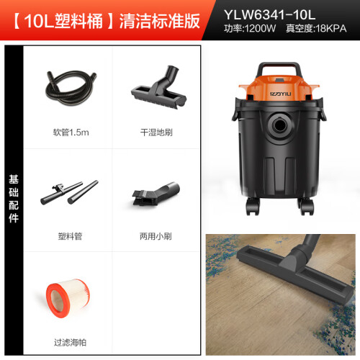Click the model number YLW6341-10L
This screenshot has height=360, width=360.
click(269, 15)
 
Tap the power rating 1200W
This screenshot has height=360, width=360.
click(260, 29)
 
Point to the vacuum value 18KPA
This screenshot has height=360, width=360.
click(331, 29)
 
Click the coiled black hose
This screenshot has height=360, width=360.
click(71, 88)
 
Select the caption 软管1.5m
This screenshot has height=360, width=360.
click(71, 132)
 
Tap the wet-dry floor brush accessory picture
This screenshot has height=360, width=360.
click(158, 87)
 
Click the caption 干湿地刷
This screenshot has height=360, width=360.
click(156, 132)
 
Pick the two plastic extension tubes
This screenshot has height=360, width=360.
click(69, 192)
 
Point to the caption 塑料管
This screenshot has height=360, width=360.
click(70, 236)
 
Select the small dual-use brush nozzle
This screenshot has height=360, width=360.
click(156, 194)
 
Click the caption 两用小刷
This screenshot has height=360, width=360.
click(156, 236)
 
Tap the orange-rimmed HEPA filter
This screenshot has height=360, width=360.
click(68, 298)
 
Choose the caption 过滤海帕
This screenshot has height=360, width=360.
click(70, 343)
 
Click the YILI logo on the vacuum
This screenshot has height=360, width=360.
click(280, 94)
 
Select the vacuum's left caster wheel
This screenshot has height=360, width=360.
click(253, 207)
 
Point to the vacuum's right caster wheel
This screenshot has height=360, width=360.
click(306, 207)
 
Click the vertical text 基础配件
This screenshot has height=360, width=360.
click(14, 199)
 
